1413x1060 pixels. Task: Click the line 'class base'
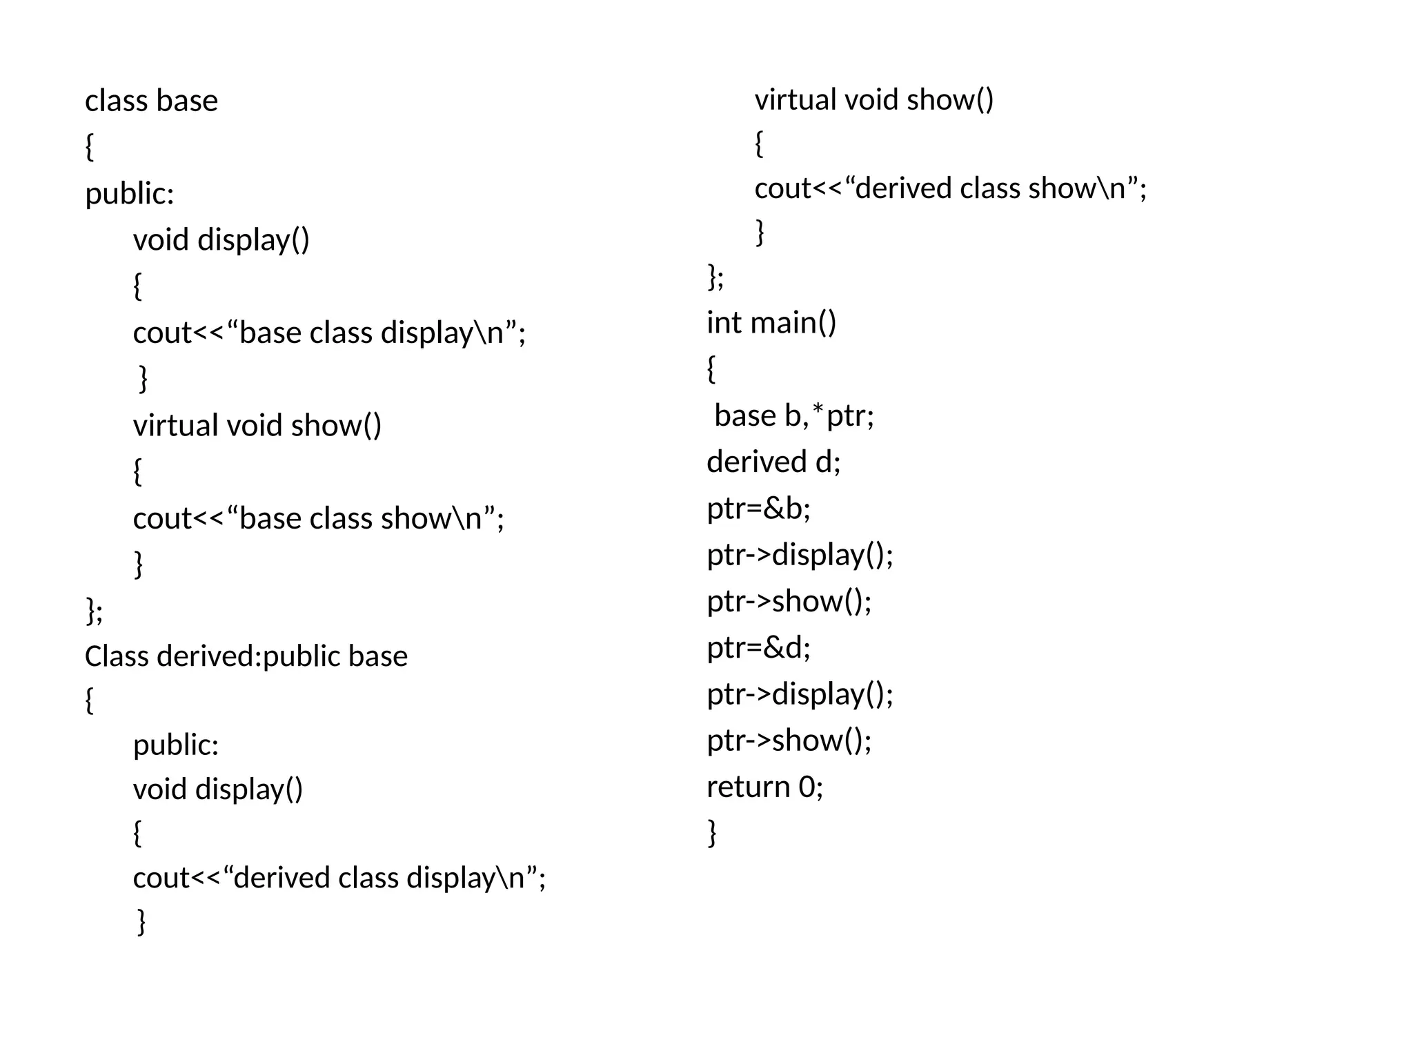point(151,101)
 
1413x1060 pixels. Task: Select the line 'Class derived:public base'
point(246,656)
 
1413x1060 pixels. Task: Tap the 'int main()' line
point(771,322)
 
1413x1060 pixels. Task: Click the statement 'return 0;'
point(764,786)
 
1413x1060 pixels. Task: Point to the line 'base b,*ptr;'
point(793,415)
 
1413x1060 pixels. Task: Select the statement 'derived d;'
point(773,462)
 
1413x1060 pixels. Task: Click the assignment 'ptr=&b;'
point(758,509)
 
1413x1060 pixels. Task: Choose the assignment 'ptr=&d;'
point(758,647)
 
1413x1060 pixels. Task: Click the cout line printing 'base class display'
point(329,333)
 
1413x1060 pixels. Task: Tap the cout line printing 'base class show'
point(318,518)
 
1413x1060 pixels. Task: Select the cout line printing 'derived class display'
point(339,878)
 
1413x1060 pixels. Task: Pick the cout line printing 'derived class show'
point(950,188)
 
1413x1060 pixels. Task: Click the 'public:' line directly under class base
point(129,193)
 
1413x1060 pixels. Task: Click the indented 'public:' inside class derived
point(175,745)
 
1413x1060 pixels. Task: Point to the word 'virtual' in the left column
point(175,425)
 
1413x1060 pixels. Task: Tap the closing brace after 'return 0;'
point(712,832)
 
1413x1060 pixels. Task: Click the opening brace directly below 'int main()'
point(711,369)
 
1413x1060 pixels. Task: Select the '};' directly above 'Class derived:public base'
point(94,610)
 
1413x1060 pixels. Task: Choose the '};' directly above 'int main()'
point(715,277)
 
